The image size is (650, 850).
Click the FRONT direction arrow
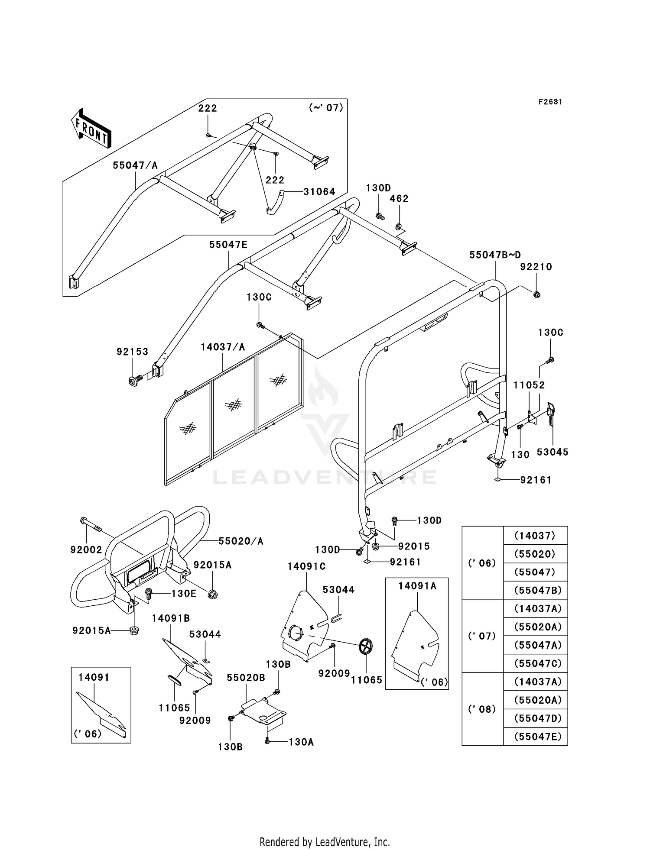pyautogui.click(x=91, y=129)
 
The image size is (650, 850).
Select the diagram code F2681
pyautogui.click(x=550, y=102)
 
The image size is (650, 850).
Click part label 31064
pyautogui.click(x=319, y=192)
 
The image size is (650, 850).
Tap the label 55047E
pyautogui.click(x=228, y=245)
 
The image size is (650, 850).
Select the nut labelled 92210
pyautogui.click(x=537, y=295)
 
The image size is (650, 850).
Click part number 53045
pyautogui.click(x=552, y=452)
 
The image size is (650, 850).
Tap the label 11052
pyautogui.click(x=529, y=385)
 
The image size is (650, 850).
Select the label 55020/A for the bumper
pyautogui.click(x=241, y=541)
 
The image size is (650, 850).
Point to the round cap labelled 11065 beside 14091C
pyautogui.click(x=366, y=647)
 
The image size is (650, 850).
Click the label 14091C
pyautogui.click(x=306, y=566)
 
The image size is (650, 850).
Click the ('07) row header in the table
pyautogui.click(x=482, y=636)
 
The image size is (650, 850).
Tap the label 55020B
pyautogui.click(x=246, y=678)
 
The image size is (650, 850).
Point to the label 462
pyautogui.click(x=399, y=198)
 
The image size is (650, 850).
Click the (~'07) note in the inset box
pyautogui.click(x=326, y=107)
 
